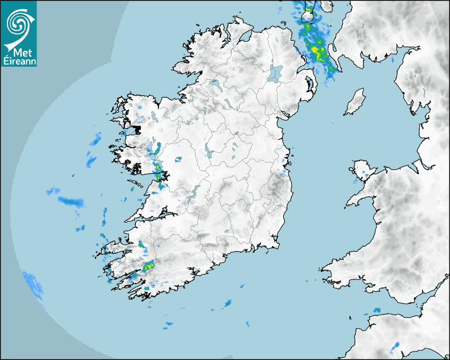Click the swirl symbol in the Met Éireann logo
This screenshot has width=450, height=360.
point(17,23)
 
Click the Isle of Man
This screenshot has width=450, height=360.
point(355,102)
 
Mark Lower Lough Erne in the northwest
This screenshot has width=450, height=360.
point(214,84)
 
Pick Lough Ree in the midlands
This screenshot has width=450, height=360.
point(209,151)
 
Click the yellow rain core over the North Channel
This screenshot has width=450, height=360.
point(318,51)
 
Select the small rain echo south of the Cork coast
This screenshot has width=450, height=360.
point(228,303)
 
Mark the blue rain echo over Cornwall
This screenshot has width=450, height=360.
point(395,347)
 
